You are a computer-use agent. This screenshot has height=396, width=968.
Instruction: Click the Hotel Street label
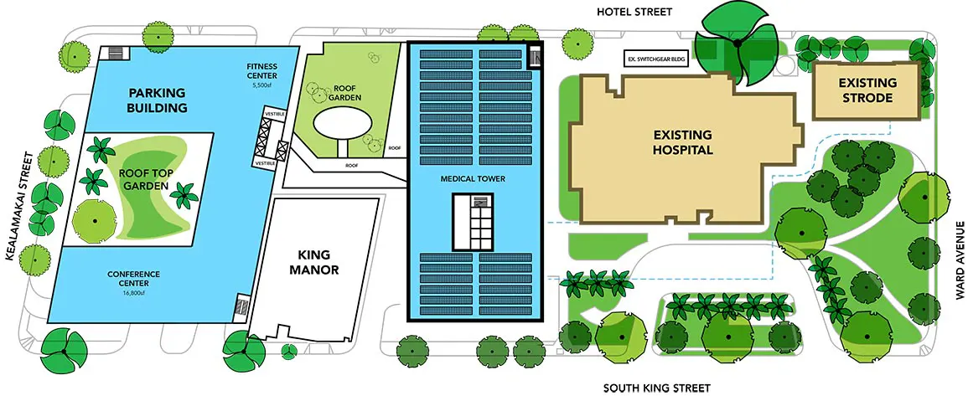[634, 11]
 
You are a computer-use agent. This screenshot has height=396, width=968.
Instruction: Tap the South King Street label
[657, 388]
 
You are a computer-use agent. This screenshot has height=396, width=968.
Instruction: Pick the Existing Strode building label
[859, 90]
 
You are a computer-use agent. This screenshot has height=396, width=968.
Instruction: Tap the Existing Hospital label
[683, 141]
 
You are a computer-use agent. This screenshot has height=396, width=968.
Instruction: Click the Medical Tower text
[473, 179]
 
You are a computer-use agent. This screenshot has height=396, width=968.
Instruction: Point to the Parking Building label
[157, 100]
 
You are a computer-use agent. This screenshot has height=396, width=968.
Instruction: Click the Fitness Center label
[261, 71]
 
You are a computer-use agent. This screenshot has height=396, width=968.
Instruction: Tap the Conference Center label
[133, 278]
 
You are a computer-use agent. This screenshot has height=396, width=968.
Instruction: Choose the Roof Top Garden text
[143, 179]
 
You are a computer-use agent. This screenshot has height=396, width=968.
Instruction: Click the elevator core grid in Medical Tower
[473, 221]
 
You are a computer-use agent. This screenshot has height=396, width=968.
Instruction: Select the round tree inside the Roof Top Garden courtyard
[95, 219]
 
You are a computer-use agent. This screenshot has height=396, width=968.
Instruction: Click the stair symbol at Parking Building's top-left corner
[115, 53]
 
